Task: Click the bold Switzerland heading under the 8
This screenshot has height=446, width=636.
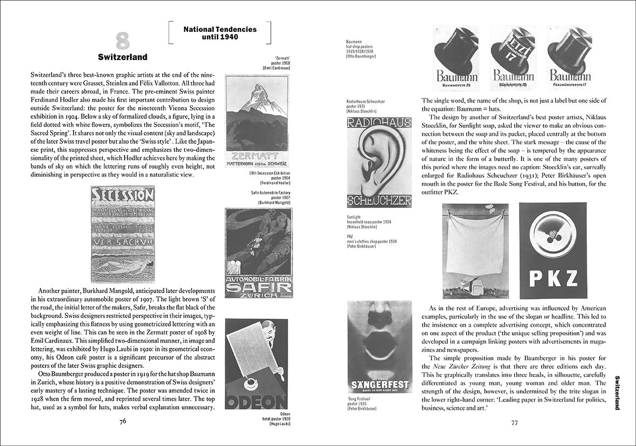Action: tap(122, 57)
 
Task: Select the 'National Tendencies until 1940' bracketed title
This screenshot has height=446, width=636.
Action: tap(219, 33)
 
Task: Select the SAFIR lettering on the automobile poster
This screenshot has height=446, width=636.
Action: tap(258, 287)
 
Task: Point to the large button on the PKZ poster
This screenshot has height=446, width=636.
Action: tap(553, 232)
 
